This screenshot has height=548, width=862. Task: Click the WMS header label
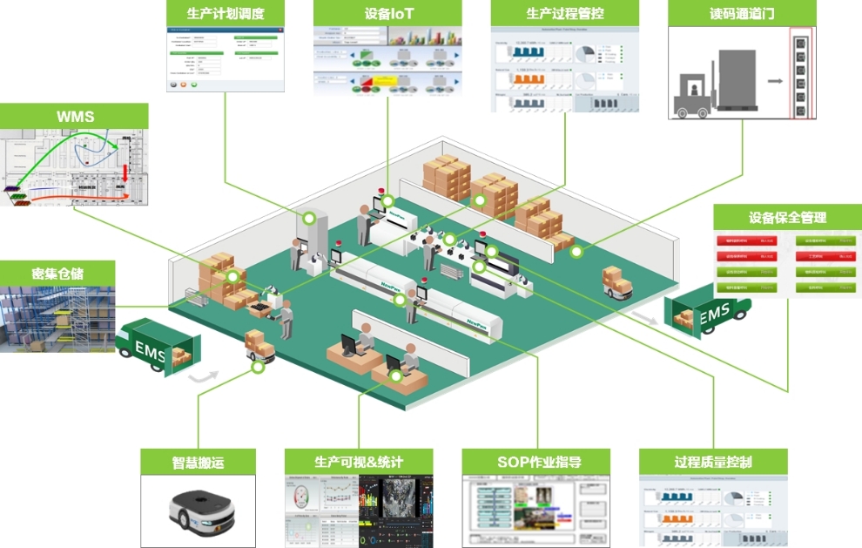tap(75, 116)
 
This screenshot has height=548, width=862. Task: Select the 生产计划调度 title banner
tap(226, 13)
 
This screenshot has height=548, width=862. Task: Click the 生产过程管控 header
tap(565, 13)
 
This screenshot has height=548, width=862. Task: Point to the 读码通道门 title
tap(742, 13)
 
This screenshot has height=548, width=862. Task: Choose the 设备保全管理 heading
tap(787, 217)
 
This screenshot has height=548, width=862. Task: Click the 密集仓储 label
tap(57, 274)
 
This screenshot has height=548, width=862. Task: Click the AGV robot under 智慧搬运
tap(198, 513)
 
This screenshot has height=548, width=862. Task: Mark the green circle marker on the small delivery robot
tap(258, 366)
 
